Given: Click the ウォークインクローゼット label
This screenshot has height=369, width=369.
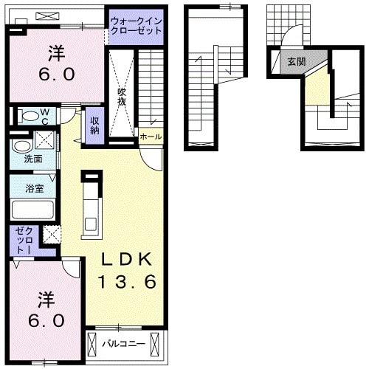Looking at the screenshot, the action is tap(136, 26).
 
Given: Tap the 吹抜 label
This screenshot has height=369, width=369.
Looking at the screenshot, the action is tap(122, 97).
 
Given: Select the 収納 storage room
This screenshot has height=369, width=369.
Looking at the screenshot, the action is tap(94, 125).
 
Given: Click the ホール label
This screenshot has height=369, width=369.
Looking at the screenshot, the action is tap(151, 137).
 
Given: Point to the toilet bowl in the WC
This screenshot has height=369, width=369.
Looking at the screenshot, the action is tap(30, 116).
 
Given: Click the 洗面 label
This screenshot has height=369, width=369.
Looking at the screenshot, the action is tap(33, 159).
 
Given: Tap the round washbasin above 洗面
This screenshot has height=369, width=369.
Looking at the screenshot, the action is tap(21, 146).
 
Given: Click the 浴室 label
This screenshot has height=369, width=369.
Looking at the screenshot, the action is tap(35, 189).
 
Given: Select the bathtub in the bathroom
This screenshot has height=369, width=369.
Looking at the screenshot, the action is tap(32, 210).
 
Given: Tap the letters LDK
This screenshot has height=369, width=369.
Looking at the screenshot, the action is tap(126, 259).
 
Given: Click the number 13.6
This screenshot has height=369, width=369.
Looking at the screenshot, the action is tap(127, 282).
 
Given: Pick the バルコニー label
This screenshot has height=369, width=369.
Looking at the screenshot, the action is tap(124, 344).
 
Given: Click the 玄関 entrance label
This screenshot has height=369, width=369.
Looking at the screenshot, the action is tap(297, 61).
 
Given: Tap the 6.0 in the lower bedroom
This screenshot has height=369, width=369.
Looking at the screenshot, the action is tap(46, 320).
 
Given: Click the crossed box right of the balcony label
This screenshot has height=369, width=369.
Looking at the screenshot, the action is tap(155, 345).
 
